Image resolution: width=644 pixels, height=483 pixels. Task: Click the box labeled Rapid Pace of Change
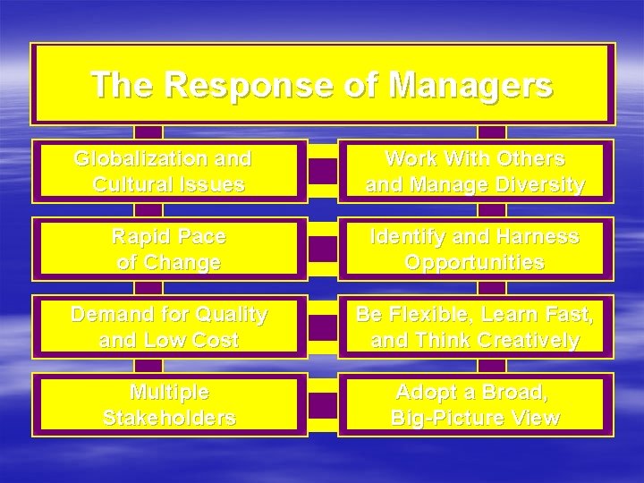click(169, 250)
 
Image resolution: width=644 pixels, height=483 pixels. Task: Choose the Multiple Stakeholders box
click(169, 405)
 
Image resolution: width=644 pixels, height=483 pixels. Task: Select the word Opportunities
click(475, 263)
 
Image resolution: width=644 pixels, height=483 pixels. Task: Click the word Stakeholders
click(169, 419)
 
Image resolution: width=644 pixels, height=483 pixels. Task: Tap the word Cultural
click(132, 185)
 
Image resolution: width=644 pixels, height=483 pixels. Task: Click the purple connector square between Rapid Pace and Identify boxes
click(323, 250)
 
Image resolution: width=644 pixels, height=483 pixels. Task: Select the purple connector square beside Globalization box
click(323, 172)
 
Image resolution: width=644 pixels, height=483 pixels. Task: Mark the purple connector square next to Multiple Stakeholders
click(323, 405)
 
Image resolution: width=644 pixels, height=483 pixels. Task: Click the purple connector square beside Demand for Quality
click(323, 327)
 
